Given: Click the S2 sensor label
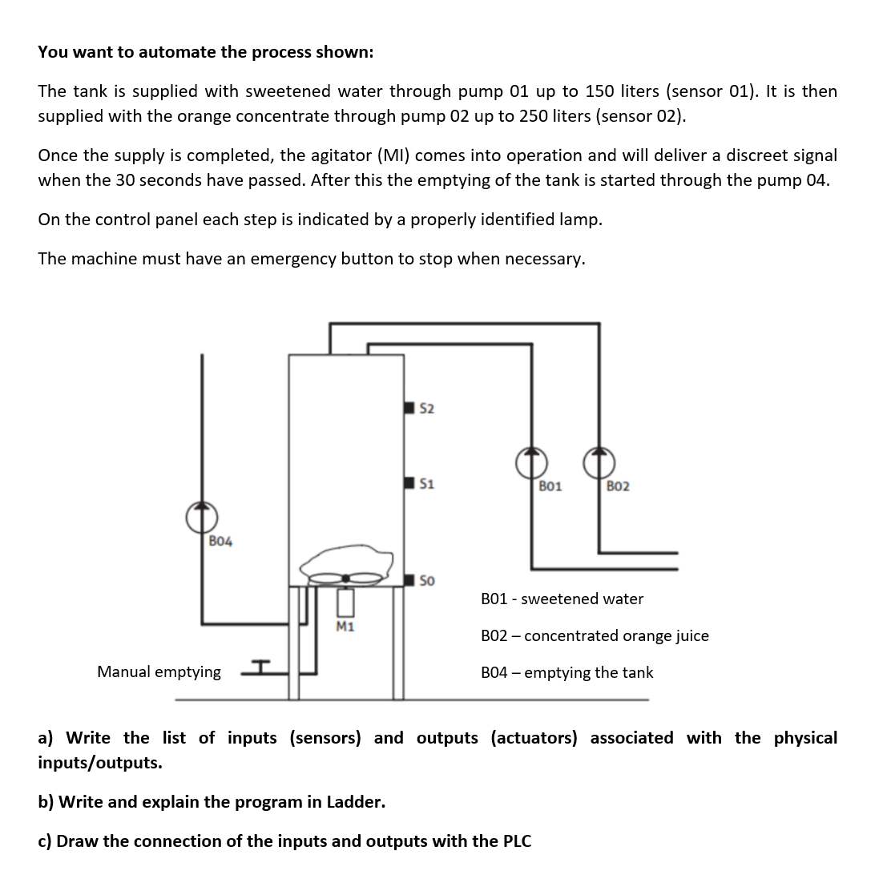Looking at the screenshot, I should pos(427,409).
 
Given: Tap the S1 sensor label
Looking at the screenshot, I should pos(427,483).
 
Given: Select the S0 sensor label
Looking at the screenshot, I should pos(427,580).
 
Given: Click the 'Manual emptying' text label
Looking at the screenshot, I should pos(159,671).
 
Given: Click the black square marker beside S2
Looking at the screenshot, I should pos(409,409).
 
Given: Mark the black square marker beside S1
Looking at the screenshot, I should pos(409,483).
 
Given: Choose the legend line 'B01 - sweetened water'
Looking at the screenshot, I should pos(562,599).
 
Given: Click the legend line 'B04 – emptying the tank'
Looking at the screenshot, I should pos(566,672).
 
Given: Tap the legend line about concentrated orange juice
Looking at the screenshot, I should pos(595,635).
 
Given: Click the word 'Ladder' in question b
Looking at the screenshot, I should pos(354,801).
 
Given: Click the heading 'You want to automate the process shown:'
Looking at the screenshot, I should pos(205,52).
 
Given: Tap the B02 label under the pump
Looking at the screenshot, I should pos(618,486).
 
